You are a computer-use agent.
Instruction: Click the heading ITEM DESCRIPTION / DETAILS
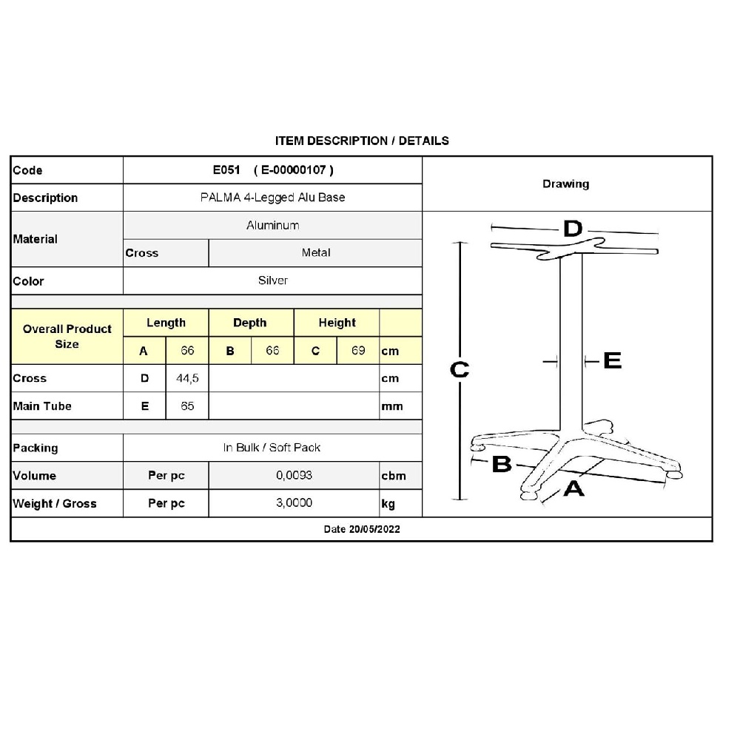click(362, 141)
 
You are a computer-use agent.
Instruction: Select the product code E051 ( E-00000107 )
click(273, 170)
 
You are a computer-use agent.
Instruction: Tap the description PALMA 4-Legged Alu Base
click(273, 198)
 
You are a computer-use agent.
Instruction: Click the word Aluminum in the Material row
click(273, 225)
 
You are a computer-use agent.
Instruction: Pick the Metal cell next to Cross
click(316, 252)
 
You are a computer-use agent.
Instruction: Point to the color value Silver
click(273, 280)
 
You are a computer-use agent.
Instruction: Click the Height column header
click(337, 323)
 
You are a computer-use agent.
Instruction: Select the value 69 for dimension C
click(358, 350)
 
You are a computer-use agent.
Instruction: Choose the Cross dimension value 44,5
click(187, 378)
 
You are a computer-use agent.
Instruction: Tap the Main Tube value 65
click(187, 406)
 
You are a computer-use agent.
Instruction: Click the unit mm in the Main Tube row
click(392, 406)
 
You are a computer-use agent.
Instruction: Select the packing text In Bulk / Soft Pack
click(272, 448)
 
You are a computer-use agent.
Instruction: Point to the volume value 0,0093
click(294, 475)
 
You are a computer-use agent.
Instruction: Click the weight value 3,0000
click(294, 502)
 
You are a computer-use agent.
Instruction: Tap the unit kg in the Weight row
click(388, 503)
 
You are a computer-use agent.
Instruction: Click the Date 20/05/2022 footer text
click(362, 529)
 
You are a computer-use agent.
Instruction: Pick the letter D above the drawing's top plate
click(573, 229)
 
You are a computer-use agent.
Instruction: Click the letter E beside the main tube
click(613, 360)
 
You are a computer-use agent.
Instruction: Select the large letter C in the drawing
click(460, 369)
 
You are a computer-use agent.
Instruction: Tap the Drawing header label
click(566, 184)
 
